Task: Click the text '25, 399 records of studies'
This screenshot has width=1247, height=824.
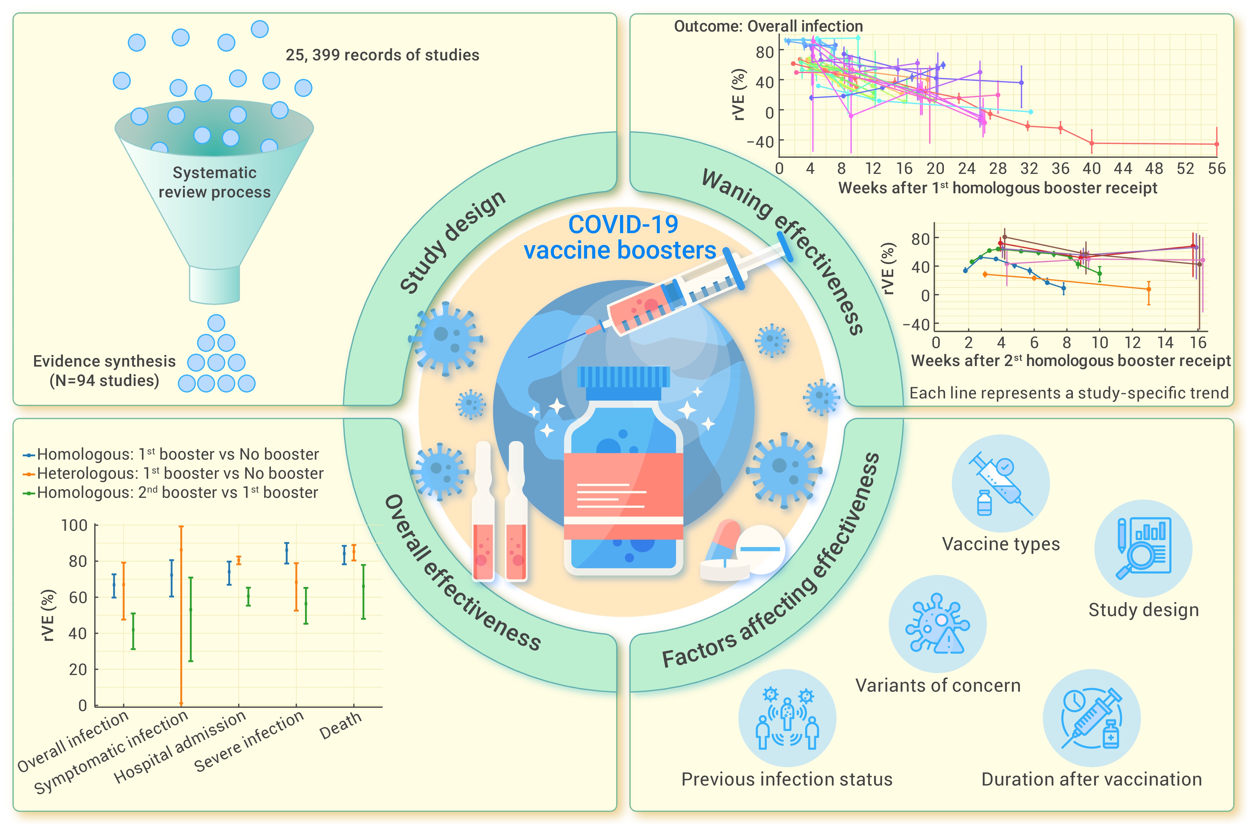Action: tap(382, 55)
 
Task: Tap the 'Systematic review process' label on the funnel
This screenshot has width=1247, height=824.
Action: tap(215, 182)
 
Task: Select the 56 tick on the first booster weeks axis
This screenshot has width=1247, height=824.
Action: tap(1217, 169)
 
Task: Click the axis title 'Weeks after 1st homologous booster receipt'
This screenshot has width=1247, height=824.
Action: tap(998, 188)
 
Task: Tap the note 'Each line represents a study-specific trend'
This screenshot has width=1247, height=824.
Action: tap(1069, 393)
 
